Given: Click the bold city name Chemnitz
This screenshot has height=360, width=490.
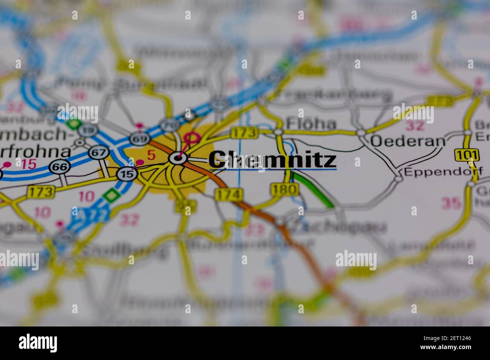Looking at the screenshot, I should click(272, 160).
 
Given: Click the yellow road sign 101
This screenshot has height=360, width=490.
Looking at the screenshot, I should click(467, 155).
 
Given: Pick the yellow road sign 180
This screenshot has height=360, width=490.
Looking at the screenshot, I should click(285, 189).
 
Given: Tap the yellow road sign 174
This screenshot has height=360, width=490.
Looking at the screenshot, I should click(228, 194).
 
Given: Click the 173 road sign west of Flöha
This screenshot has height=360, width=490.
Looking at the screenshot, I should click(244, 132).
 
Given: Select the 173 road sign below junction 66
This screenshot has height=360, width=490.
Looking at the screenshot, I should click(40, 192).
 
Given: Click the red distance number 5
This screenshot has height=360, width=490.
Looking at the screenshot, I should click(151, 154).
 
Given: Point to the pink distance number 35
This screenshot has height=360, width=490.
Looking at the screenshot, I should click(451, 203).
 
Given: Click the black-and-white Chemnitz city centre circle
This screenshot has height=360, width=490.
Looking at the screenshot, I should click(177, 158).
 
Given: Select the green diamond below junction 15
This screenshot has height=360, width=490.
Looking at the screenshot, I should click(111, 195).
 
